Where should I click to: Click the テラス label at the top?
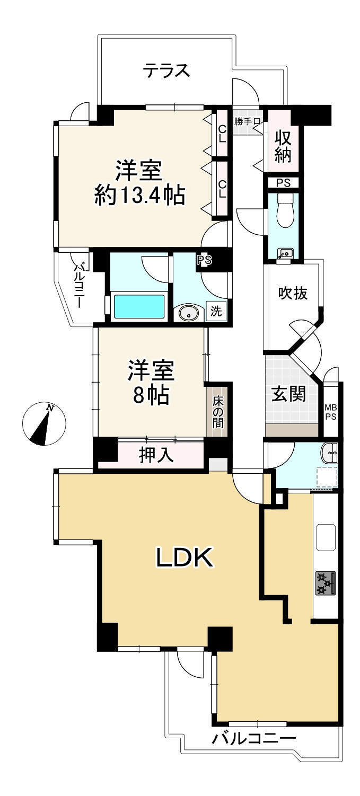click(x=166, y=70)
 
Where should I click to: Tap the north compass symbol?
click(x=45, y=423)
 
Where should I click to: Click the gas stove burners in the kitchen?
click(x=326, y=583)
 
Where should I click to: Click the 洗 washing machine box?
click(x=216, y=312)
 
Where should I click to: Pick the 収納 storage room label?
click(x=284, y=141)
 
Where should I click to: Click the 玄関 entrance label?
click(x=289, y=394)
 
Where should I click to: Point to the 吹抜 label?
click(x=293, y=293)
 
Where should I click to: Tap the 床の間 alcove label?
click(x=218, y=412)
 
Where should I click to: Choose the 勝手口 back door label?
click(x=247, y=121)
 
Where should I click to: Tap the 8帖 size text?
click(x=151, y=395)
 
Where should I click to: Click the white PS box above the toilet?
click(x=283, y=182)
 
